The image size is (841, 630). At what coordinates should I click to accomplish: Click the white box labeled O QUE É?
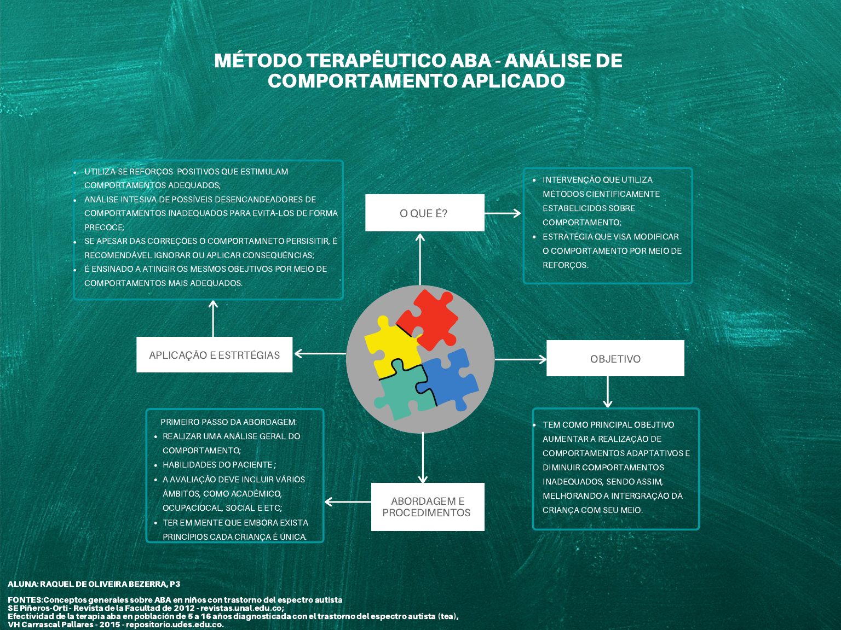tap(424, 213)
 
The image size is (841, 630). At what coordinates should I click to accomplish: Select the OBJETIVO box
tap(615, 359)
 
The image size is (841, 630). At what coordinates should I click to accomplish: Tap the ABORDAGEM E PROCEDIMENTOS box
tap(427, 507)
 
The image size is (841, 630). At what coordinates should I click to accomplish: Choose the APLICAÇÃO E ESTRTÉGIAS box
tap(214, 355)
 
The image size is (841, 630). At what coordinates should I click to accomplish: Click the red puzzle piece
tap(430, 318)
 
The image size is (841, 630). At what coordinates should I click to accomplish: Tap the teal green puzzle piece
tap(403, 390)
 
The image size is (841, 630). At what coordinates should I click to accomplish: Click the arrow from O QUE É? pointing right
tap(502, 213)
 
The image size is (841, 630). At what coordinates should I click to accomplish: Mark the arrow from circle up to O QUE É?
tap(420, 259)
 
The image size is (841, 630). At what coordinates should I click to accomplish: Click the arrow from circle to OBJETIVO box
tap(520, 359)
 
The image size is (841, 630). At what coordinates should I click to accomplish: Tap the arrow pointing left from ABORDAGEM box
tap(348, 502)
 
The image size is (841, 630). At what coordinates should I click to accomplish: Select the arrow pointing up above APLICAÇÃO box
tap(214, 318)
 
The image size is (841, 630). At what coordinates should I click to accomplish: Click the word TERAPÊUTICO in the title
tap(376, 61)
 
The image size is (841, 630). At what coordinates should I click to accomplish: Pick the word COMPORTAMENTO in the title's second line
tap(362, 81)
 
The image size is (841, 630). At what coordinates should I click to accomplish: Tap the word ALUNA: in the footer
tap(22, 584)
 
